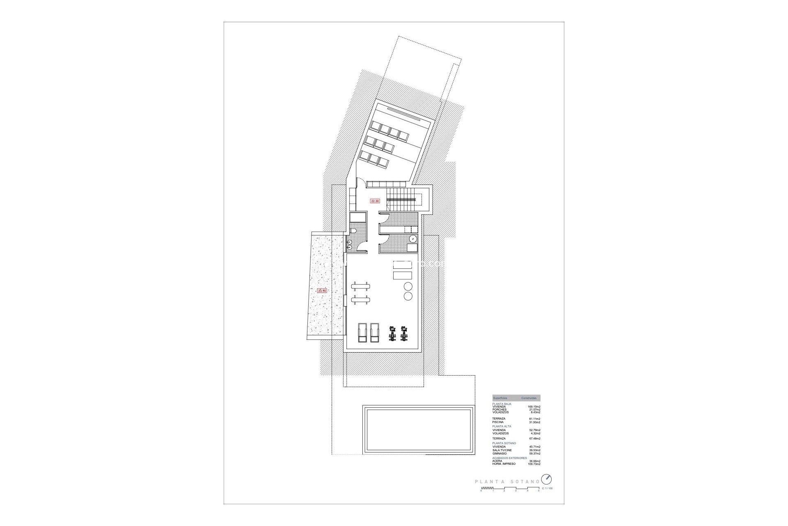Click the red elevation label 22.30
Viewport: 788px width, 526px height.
tap(375, 201)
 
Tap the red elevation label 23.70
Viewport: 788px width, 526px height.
tap(322, 291)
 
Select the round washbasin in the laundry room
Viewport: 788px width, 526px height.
tap(413, 239)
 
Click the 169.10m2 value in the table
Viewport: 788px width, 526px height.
tap(534, 407)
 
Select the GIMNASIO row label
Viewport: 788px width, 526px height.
tap(500, 453)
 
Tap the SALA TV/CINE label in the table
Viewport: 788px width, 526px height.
tap(502, 450)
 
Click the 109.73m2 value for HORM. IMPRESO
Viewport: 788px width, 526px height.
tap(534, 464)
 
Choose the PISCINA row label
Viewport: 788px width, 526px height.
tap(498, 422)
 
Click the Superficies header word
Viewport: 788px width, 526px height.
tap(500, 398)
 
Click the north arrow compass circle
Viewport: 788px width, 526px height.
tap(547, 479)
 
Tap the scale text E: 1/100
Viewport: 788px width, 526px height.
tap(547, 489)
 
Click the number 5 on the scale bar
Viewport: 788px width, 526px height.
tap(539, 491)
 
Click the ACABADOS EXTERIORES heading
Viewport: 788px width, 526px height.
tap(509, 458)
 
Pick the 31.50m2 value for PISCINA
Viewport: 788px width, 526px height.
tap(535, 422)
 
